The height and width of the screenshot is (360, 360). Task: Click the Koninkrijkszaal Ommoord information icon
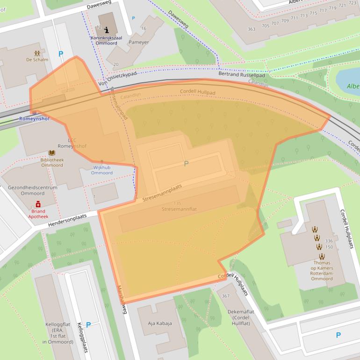(107, 29)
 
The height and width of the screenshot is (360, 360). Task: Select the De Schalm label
(37, 59)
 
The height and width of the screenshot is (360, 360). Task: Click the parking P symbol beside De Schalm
(60, 54)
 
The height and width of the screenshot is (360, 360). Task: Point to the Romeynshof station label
(34, 119)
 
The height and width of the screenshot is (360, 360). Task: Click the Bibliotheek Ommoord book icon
(52, 153)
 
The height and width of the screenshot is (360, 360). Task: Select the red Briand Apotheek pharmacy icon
(38, 204)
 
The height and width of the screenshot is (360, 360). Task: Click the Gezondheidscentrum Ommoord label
(32, 190)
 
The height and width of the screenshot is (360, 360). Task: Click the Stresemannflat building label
(177, 209)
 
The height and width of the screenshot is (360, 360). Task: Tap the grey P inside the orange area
(186, 163)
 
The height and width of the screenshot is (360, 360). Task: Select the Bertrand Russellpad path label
(242, 74)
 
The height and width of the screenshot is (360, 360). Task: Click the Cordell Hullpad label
(197, 92)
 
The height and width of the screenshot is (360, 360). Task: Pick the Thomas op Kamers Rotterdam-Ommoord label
(322, 270)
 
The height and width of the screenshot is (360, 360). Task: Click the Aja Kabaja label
(159, 323)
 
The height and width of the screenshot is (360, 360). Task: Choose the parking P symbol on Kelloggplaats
(88, 324)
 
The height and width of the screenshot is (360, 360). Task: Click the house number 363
(252, 29)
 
